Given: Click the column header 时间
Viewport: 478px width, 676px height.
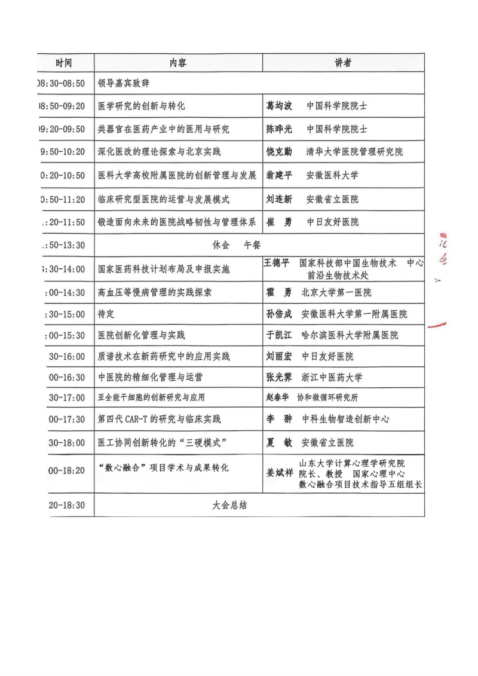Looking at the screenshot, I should (64, 63).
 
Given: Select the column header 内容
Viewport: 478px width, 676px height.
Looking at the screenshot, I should (178, 63).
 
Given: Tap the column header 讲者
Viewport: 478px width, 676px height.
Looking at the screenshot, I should (343, 63).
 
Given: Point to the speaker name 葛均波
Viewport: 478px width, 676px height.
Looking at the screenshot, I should (279, 106).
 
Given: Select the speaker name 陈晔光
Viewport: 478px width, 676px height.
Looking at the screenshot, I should (279, 129).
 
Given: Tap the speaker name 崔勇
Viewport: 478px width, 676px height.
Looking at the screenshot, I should (279, 222).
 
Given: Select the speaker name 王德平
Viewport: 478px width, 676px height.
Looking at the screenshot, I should (278, 263).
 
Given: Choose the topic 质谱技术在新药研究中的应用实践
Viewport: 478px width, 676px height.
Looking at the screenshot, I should (164, 357).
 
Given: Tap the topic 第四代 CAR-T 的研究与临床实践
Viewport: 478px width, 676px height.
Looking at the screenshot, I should (159, 419).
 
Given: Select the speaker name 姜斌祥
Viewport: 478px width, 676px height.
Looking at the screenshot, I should (279, 472).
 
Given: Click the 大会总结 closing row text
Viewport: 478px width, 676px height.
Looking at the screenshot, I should (229, 506).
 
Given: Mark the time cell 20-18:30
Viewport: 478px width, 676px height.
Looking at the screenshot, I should (66, 506).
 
